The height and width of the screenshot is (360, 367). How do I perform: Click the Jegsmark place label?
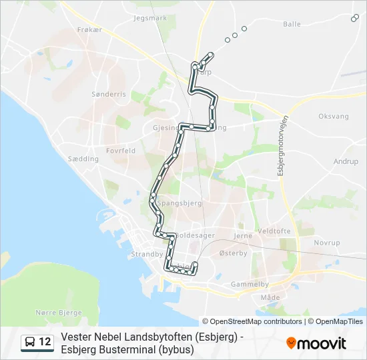[x=150, y=18]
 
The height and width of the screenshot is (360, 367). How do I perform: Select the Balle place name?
[x=292, y=24]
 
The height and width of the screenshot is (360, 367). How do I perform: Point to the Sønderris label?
[x=109, y=94]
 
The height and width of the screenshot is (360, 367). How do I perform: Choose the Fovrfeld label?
[x=120, y=151]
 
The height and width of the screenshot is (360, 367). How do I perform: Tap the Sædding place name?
[x=83, y=159]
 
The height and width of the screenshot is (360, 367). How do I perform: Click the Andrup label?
[x=346, y=161]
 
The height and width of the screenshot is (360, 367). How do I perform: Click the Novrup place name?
[x=327, y=243]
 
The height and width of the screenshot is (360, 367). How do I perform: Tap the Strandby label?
[x=147, y=254]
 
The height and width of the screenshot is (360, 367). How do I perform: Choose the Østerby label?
[x=234, y=253]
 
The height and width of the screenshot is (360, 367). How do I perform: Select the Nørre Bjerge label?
[x=59, y=312]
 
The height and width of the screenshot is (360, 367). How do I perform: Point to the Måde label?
[x=270, y=297]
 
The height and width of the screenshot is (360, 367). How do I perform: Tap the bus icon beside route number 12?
[x=31, y=342]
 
